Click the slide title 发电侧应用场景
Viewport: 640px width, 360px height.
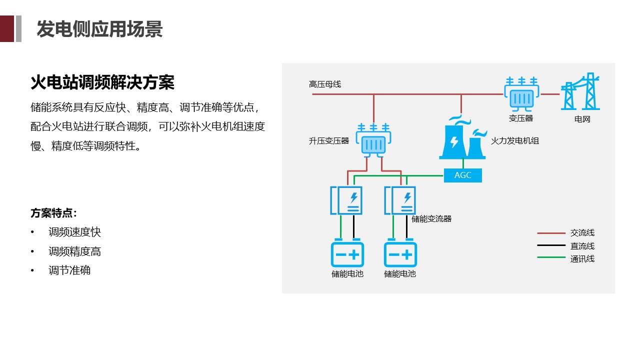tap(99, 29)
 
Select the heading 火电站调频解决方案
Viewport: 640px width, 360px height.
tap(102, 82)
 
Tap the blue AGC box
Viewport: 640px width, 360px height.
tap(463, 175)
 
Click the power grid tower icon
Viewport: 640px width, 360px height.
tap(581, 92)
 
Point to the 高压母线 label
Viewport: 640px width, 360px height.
tap(325, 84)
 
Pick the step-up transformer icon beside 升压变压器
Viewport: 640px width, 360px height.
tap(372, 141)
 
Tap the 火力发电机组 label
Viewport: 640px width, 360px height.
tap(515, 141)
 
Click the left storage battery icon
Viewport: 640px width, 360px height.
tap(347, 254)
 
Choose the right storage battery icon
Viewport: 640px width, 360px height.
tap(400, 254)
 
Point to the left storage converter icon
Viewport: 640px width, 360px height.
tap(346, 200)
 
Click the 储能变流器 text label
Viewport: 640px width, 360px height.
tap(431, 219)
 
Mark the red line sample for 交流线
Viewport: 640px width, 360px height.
tap(551, 233)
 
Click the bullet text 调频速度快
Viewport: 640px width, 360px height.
tap(74, 232)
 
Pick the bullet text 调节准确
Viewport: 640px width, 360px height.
tap(69, 270)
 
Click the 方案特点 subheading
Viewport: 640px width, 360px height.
tap(54, 213)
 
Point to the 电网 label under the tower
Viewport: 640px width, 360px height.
tap(582, 120)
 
